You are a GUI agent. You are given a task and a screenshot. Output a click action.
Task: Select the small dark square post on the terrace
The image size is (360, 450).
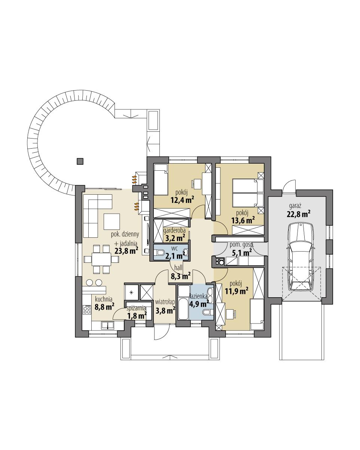point(80,161)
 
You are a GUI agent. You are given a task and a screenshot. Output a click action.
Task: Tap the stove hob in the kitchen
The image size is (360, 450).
point(87,310)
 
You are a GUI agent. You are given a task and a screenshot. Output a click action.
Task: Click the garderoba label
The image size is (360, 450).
point(175,231)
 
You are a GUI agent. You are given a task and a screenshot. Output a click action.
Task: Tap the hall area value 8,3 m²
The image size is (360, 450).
point(180,276)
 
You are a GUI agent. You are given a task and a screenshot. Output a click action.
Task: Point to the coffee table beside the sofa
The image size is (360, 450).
point(112,221)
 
